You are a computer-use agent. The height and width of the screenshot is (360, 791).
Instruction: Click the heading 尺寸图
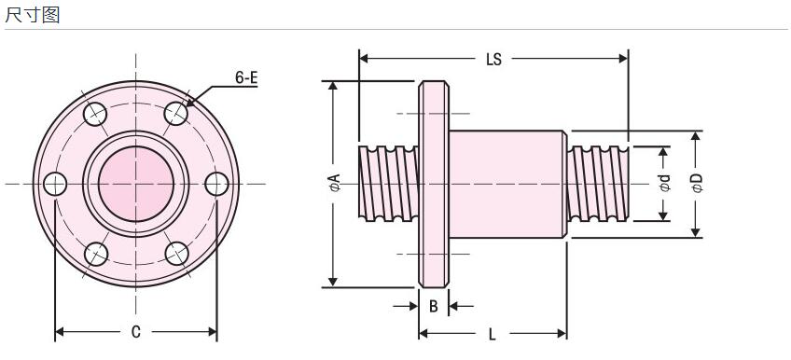(33, 15)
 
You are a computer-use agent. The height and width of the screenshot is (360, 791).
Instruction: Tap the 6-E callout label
(246, 77)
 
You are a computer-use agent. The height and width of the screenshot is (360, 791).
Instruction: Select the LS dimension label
(493, 59)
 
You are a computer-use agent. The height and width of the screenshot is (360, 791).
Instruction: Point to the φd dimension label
(665, 183)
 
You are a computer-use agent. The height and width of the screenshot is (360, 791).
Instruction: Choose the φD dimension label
(697, 183)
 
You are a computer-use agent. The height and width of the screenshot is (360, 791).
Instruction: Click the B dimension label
(434, 306)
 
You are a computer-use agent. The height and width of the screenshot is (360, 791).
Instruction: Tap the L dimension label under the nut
(493, 334)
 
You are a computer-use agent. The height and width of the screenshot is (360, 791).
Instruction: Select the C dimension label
(135, 332)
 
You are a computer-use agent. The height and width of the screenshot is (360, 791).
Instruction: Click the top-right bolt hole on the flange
(176, 114)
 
